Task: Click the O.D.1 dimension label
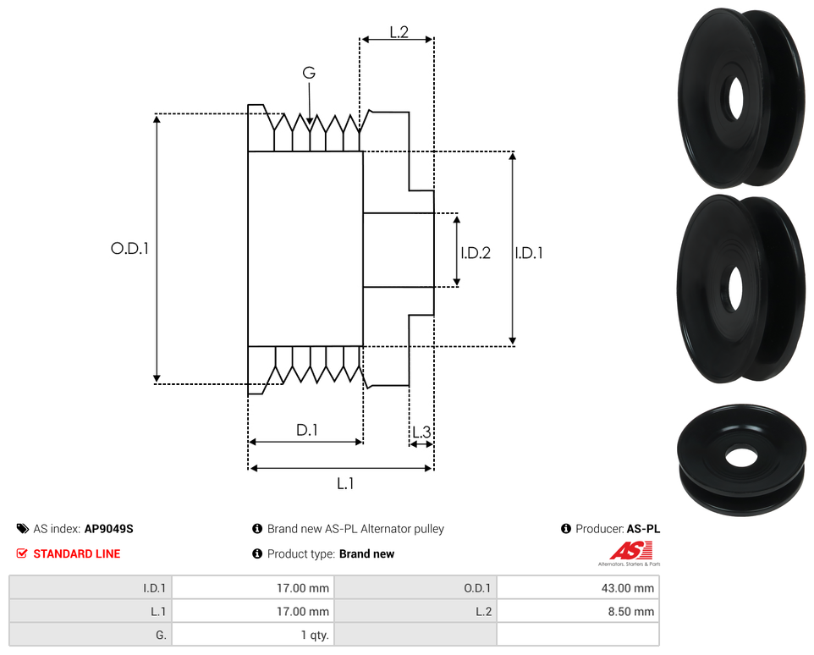click(x=129, y=249)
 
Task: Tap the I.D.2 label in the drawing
click(x=476, y=252)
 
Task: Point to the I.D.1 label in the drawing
click(x=529, y=252)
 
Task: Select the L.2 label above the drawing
click(x=399, y=32)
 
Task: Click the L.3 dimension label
click(x=421, y=432)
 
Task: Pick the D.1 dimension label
click(x=306, y=430)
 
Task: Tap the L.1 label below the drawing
click(x=344, y=483)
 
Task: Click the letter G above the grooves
click(x=309, y=74)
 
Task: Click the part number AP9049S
click(x=108, y=529)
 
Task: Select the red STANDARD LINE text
click(x=76, y=554)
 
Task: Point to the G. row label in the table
click(x=161, y=635)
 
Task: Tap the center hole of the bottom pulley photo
click(x=741, y=455)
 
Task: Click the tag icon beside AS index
click(x=22, y=529)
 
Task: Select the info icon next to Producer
click(x=566, y=529)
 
